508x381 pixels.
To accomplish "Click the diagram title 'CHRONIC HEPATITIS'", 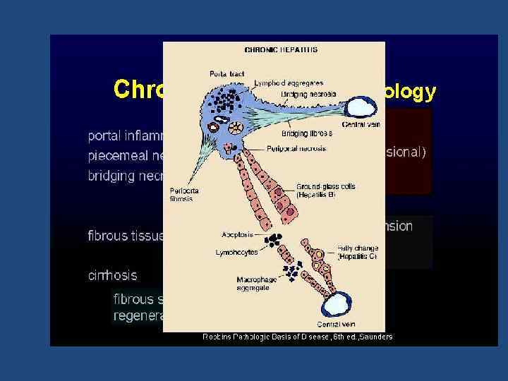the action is point(280,50).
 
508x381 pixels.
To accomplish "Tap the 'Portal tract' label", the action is point(223,73).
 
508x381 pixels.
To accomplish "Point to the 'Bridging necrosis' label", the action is point(308,94).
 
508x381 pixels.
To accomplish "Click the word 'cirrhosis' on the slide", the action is point(112,274).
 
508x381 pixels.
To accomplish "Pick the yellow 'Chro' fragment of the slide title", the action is point(138,90).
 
